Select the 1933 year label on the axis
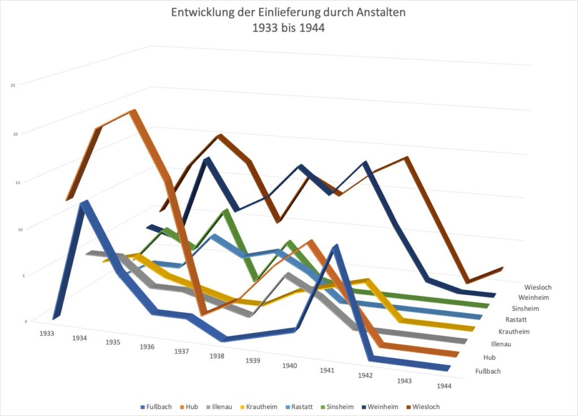(x=47, y=334)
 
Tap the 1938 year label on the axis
(x=217, y=356)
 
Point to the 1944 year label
(x=444, y=386)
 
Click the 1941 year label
(x=327, y=370)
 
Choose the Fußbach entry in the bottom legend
(x=156, y=406)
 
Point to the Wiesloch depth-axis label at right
(x=537, y=287)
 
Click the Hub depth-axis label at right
(x=489, y=357)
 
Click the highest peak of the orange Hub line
(x=133, y=112)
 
